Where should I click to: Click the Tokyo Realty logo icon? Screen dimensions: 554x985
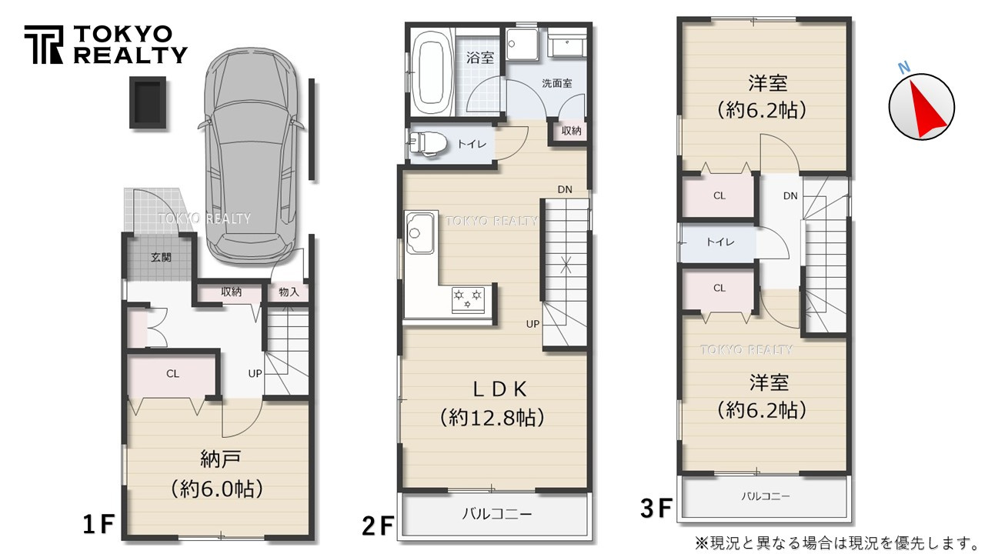click(45, 45)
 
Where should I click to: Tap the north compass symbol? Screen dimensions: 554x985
click(921, 107)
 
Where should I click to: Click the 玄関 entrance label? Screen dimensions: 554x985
click(161, 257)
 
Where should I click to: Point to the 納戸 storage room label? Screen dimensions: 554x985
click(221, 460)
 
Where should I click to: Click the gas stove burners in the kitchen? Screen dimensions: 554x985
click(468, 298)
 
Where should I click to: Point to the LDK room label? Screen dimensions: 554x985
click(492, 387)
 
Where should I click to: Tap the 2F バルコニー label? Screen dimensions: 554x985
click(496, 513)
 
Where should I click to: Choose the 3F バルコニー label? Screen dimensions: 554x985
click(765, 496)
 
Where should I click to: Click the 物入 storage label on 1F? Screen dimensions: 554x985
click(289, 292)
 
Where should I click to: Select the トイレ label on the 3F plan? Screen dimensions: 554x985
click(720, 242)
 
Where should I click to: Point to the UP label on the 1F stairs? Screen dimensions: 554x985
click(255, 373)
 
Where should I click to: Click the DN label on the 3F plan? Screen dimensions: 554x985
click(790, 196)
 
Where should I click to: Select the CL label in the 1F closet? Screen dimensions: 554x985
click(172, 374)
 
